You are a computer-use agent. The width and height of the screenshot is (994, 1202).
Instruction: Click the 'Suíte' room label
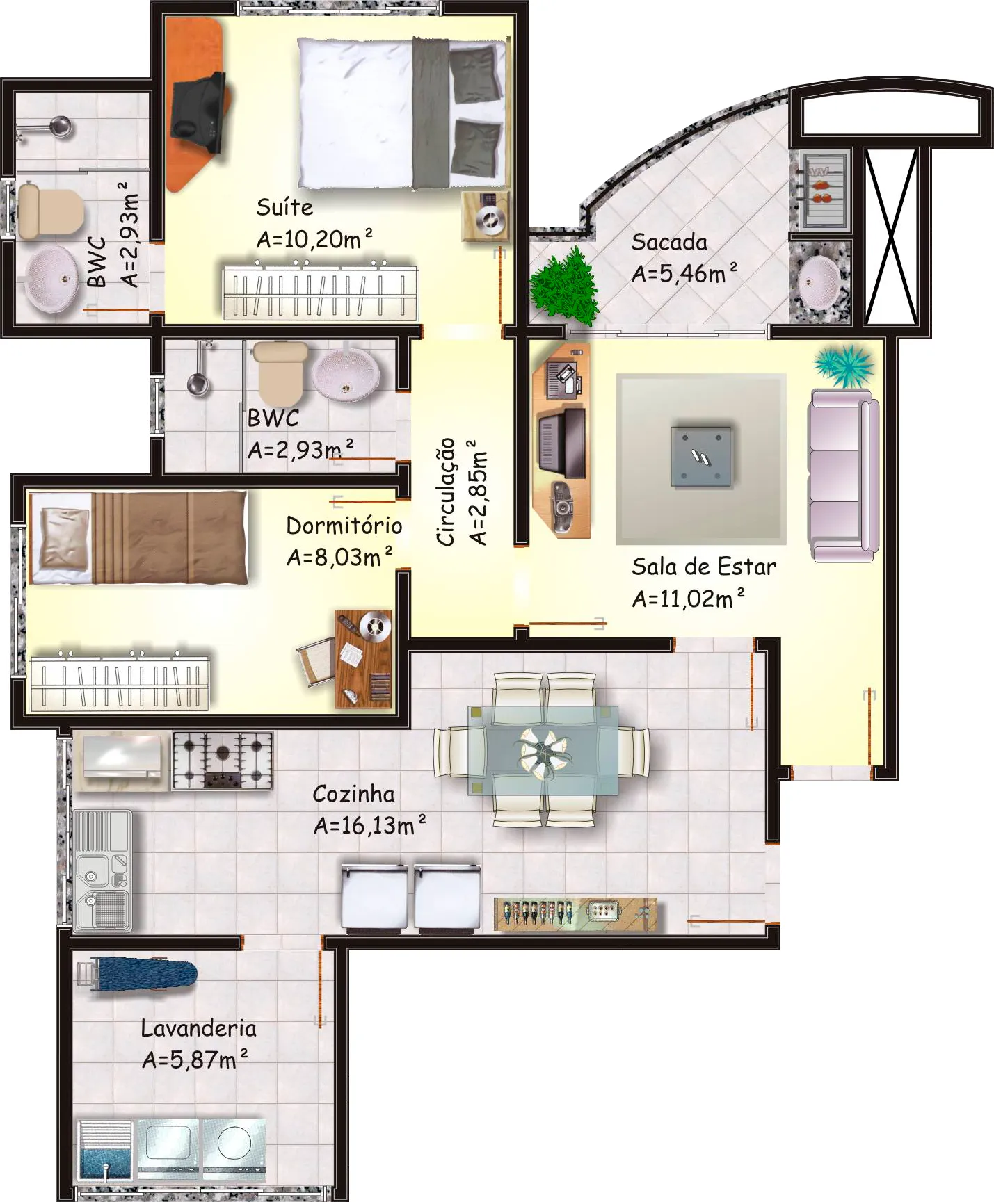click(284, 206)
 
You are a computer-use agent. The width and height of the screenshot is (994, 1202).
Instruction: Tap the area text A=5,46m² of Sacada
click(684, 273)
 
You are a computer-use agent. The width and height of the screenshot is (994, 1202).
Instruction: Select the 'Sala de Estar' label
click(704, 567)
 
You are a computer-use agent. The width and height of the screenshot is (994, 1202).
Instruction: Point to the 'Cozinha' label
click(353, 794)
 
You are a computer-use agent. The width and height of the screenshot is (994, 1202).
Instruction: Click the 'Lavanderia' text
click(198, 1028)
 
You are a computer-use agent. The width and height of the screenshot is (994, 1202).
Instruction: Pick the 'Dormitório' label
click(344, 525)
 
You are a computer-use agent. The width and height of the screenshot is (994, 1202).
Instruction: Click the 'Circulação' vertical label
click(445, 492)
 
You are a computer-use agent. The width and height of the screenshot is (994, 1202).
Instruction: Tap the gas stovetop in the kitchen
click(223, 761)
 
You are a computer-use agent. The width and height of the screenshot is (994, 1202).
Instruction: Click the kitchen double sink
click(102, 870)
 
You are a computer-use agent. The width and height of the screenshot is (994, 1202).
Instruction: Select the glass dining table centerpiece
click(543, 751)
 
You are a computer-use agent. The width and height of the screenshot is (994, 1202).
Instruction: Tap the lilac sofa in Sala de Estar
click(842, 476)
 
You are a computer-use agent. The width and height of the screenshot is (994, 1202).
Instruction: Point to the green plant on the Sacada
click(564, 286)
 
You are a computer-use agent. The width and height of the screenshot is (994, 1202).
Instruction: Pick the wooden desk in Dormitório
click(363, 658)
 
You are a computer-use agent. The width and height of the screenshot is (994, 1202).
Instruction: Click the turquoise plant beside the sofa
click(843, 365)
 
